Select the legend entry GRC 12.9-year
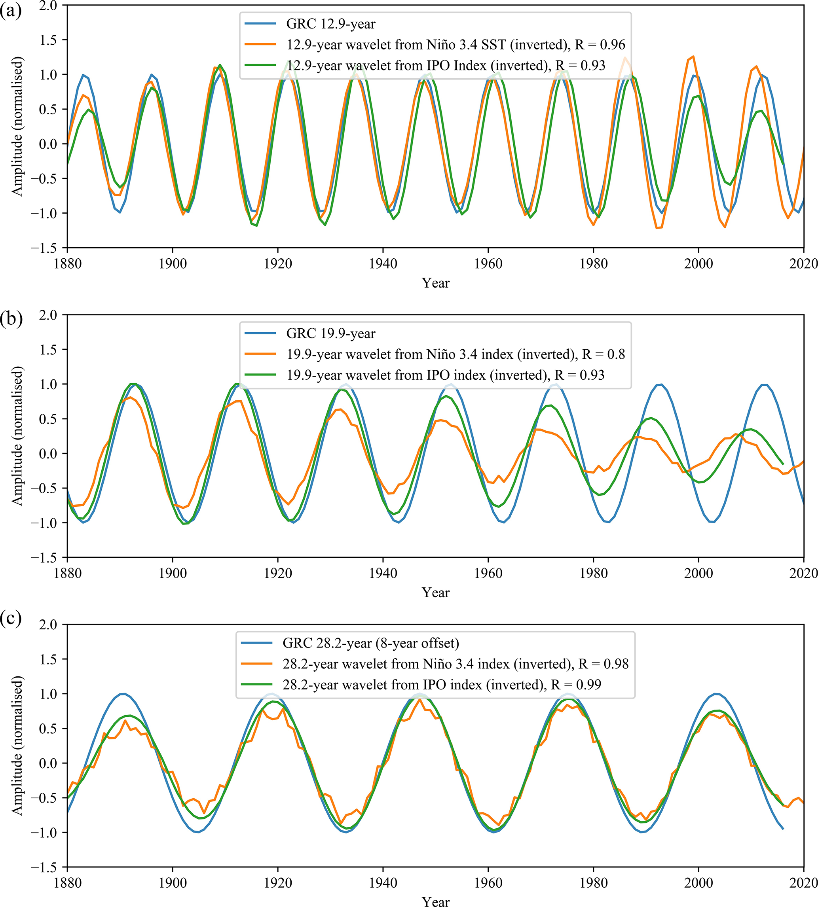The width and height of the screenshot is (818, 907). click(x=330, y=24)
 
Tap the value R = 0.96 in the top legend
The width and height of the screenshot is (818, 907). click(x=600, y=44)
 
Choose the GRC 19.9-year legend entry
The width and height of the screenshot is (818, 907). click(x=330, y=333)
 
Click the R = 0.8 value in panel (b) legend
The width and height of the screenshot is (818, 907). click(x=603, y=354)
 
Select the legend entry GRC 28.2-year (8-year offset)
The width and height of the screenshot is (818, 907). click(x=370, y=643)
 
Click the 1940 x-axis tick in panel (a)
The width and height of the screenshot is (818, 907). click(x=383, y=263)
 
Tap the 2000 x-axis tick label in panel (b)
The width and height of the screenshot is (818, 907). click(x=698, y=573)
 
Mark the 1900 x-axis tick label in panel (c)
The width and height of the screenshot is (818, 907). click(x=173, y=882)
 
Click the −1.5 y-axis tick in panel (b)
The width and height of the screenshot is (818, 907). click(x=43, y=557)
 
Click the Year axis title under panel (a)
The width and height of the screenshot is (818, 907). click(x=435, y=283)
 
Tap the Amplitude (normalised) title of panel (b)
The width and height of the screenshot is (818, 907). click(x=17, y=436)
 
